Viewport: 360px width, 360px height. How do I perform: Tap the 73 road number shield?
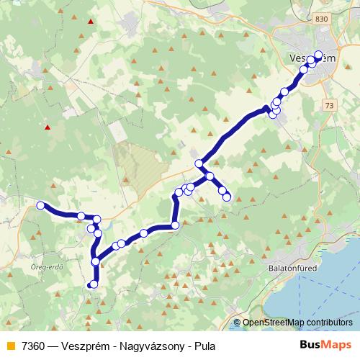point(330,105)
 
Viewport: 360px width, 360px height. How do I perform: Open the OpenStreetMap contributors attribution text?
point(297,323)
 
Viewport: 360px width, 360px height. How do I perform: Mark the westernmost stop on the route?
point(41,205)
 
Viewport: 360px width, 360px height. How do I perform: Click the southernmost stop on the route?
point(93,284)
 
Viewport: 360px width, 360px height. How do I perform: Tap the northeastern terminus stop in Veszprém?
point(319,54)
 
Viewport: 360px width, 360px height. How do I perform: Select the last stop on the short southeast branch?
point(227,197)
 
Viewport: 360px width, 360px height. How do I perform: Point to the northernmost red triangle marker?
point(90,22)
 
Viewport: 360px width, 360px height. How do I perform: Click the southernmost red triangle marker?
point(48,127)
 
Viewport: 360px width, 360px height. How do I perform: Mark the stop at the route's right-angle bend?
point(175,225)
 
